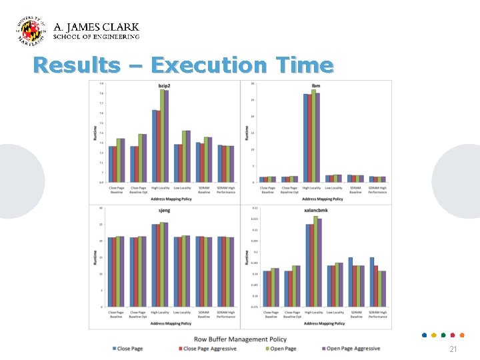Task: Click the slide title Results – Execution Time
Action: point(183,65)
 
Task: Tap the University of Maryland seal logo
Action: point(31,30)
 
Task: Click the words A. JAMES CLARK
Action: point(96,27)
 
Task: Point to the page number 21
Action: point(453,349)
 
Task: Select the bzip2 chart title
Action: point(165,86)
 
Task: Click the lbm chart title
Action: point(315,86)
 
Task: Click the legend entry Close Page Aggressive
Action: point(207,349)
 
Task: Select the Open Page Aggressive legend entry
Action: point(351,349)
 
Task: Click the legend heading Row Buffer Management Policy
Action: point(241,339)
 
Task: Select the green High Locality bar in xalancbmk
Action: point(315,261)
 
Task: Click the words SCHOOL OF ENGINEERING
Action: point(96,37)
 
